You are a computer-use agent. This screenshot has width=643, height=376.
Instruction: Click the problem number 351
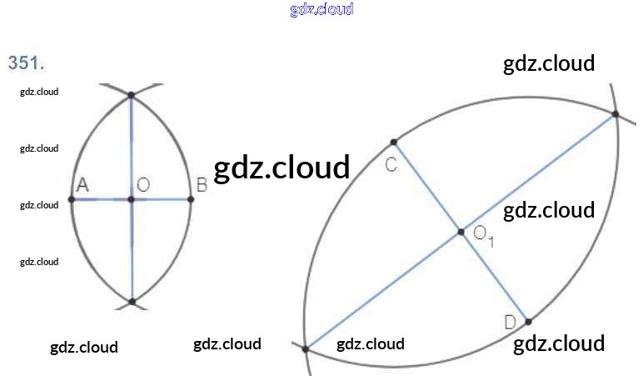[x=25, y=63]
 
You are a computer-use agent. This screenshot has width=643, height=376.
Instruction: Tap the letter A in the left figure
[x=82, y=185]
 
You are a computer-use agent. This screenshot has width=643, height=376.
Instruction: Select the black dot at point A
[x=72, y=199]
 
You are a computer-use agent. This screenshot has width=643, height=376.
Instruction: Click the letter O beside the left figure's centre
[x=143, y=185]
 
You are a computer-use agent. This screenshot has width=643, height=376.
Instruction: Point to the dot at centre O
[x=131, y=199]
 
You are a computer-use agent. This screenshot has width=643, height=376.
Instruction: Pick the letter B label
[x=201, y=185]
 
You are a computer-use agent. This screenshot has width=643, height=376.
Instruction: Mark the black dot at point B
[x=191, y=199]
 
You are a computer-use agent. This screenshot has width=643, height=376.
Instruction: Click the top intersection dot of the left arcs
[x=131, y=96]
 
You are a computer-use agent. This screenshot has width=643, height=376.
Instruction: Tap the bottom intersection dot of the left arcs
[x=132, y=301]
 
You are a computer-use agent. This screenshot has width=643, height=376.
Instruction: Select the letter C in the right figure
[x=391, y=164]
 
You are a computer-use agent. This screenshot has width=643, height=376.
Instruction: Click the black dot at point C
[x=394, y=142]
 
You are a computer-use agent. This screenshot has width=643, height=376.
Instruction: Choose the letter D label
[x=511, y=323]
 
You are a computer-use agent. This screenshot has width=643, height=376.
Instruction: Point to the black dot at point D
[x=528, y=321]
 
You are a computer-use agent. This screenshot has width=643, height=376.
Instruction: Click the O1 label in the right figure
[x=483, y=236]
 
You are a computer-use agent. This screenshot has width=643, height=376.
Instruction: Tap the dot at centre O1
[x=461, y=232]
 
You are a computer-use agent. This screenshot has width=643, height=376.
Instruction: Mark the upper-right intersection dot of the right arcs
[x=615, y=115]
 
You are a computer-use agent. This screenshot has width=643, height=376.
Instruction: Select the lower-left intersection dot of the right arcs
[x=307, y=348]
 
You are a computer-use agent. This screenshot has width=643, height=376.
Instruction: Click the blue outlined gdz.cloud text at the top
[x=321, y=9]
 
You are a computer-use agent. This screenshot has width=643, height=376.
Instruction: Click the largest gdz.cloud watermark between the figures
[x=282, y=168]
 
